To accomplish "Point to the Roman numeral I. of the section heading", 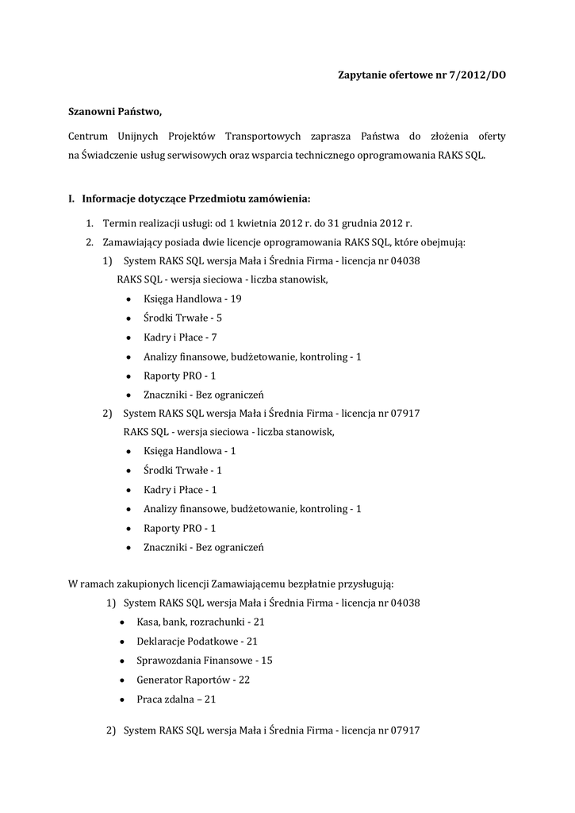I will point(71,198).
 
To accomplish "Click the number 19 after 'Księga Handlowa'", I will point(236,299).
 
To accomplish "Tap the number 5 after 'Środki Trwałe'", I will point(219,318).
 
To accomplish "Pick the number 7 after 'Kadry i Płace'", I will point(214,337).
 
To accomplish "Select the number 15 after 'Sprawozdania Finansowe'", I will point(266,661).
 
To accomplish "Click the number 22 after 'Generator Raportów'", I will point(244,680).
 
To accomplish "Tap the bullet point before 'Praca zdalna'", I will point(121,699).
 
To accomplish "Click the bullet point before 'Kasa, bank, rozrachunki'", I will point(121,622).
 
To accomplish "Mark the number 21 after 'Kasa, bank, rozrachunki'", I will point(259,622).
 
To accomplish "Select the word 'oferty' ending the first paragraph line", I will point(490,137).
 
